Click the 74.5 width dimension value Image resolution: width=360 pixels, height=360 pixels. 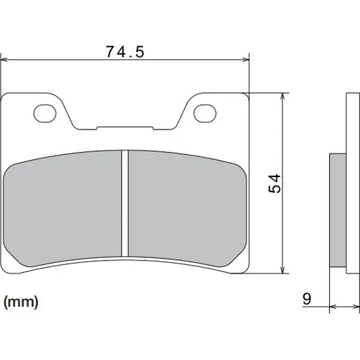click(x=125, y=52)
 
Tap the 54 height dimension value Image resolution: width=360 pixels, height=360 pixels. click(x=274, y=184)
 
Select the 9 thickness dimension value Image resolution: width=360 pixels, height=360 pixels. click(x=307, y=299)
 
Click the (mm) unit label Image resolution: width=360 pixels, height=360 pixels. click(x=21, y=302)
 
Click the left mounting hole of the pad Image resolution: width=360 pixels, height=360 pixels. click(x=45, y=113)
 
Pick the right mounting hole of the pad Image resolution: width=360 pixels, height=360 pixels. click(x=205, y=113)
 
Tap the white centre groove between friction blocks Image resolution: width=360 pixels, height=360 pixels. click(x=125, y=203)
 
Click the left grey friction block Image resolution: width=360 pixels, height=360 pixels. click(x=63, y=207)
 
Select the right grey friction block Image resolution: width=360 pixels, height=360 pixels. click(x=187, y=207)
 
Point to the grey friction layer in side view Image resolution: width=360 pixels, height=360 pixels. click(x=338, y=210)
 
